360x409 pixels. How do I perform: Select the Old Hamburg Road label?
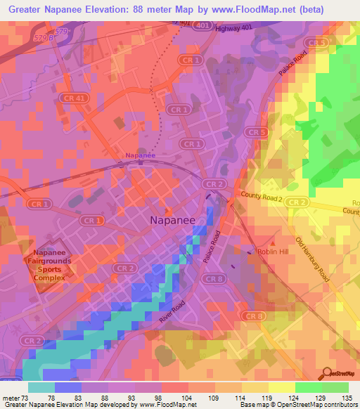pos(311,259)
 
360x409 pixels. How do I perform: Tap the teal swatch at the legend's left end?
pos(41,387)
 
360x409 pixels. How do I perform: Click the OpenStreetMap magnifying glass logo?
pos(327,372)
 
